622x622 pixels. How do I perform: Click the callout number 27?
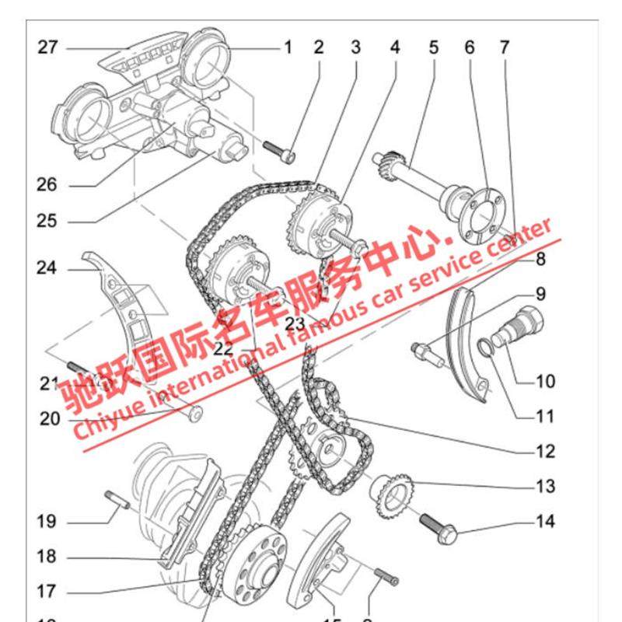click(48, 48)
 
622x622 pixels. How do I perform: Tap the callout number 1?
click(287, 48)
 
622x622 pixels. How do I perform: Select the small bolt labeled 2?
click(279, 150)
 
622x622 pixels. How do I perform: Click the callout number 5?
click(433, 48)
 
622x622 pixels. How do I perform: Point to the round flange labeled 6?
click(477, 212)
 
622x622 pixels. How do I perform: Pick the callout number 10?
click(545, 381)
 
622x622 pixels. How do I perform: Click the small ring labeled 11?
click(486, 348)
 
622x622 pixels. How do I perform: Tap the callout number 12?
click(545, 451)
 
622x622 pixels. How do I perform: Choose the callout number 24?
click(47, 269)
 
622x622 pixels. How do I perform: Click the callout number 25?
click(47, 222)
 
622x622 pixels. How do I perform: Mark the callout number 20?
click(50, 419)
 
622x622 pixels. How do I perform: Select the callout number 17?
click(47, 591)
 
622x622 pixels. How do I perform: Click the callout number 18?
click(47, 557)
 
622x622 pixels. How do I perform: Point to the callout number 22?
click(223, 348)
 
